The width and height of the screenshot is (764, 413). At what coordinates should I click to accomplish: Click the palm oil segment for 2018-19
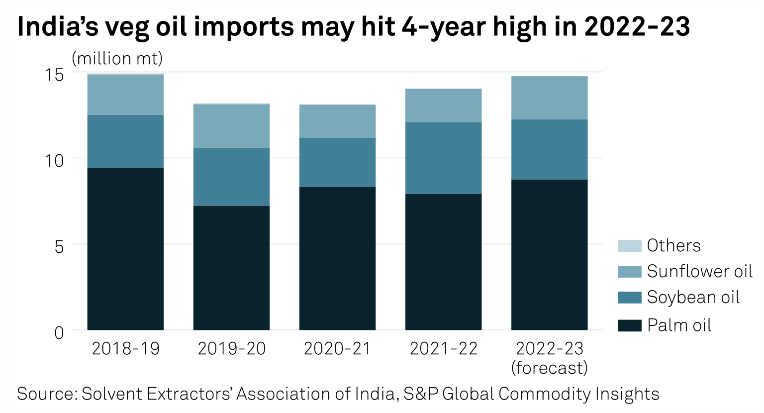pyautogui.click(x=125, y=249)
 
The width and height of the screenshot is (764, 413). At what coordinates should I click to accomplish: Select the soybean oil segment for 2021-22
pyautogui.click(x=443, y=158)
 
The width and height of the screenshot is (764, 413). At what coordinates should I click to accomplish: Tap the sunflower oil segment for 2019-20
pyautogui.click(x=231, y=126)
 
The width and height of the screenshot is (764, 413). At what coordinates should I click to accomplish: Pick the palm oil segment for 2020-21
pyautogui.click(x=337, y=258)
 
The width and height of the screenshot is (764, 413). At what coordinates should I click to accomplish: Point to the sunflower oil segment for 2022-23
pyautogui.click(x=549, y=98)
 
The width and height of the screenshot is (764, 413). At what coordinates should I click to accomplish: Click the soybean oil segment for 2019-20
pyautogui.click(x=231, y=177)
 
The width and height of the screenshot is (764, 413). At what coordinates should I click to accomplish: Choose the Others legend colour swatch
pyautogui.click(x=629, y=246)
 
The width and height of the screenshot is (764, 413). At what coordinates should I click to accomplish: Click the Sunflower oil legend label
pyautogui.click(x=699, y=272)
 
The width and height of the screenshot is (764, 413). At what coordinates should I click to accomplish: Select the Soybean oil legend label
pyautogui.click(x=693, y=298)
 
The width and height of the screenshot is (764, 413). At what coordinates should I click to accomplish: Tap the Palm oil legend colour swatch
pyautogui.click(x=629, y=325)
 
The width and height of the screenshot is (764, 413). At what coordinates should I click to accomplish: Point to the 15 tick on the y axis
pyautogui.click(x=55, y=75)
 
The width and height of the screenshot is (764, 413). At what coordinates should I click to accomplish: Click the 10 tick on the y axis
pyautogui.click(x=55, y=161)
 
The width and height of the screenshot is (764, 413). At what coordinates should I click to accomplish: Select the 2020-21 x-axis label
pyautogui.click(x=337, y=349)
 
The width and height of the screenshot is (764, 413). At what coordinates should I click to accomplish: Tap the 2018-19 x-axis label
pyautogui.click(x=125, y=349)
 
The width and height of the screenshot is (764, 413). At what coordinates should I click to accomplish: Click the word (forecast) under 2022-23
pyautogui.click(x=549, y=368)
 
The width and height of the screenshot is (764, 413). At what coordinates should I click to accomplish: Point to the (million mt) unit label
pyautogui.click(x=117, y=59)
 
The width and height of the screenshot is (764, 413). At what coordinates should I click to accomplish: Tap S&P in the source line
pyautogui.click(x=421, y=394)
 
